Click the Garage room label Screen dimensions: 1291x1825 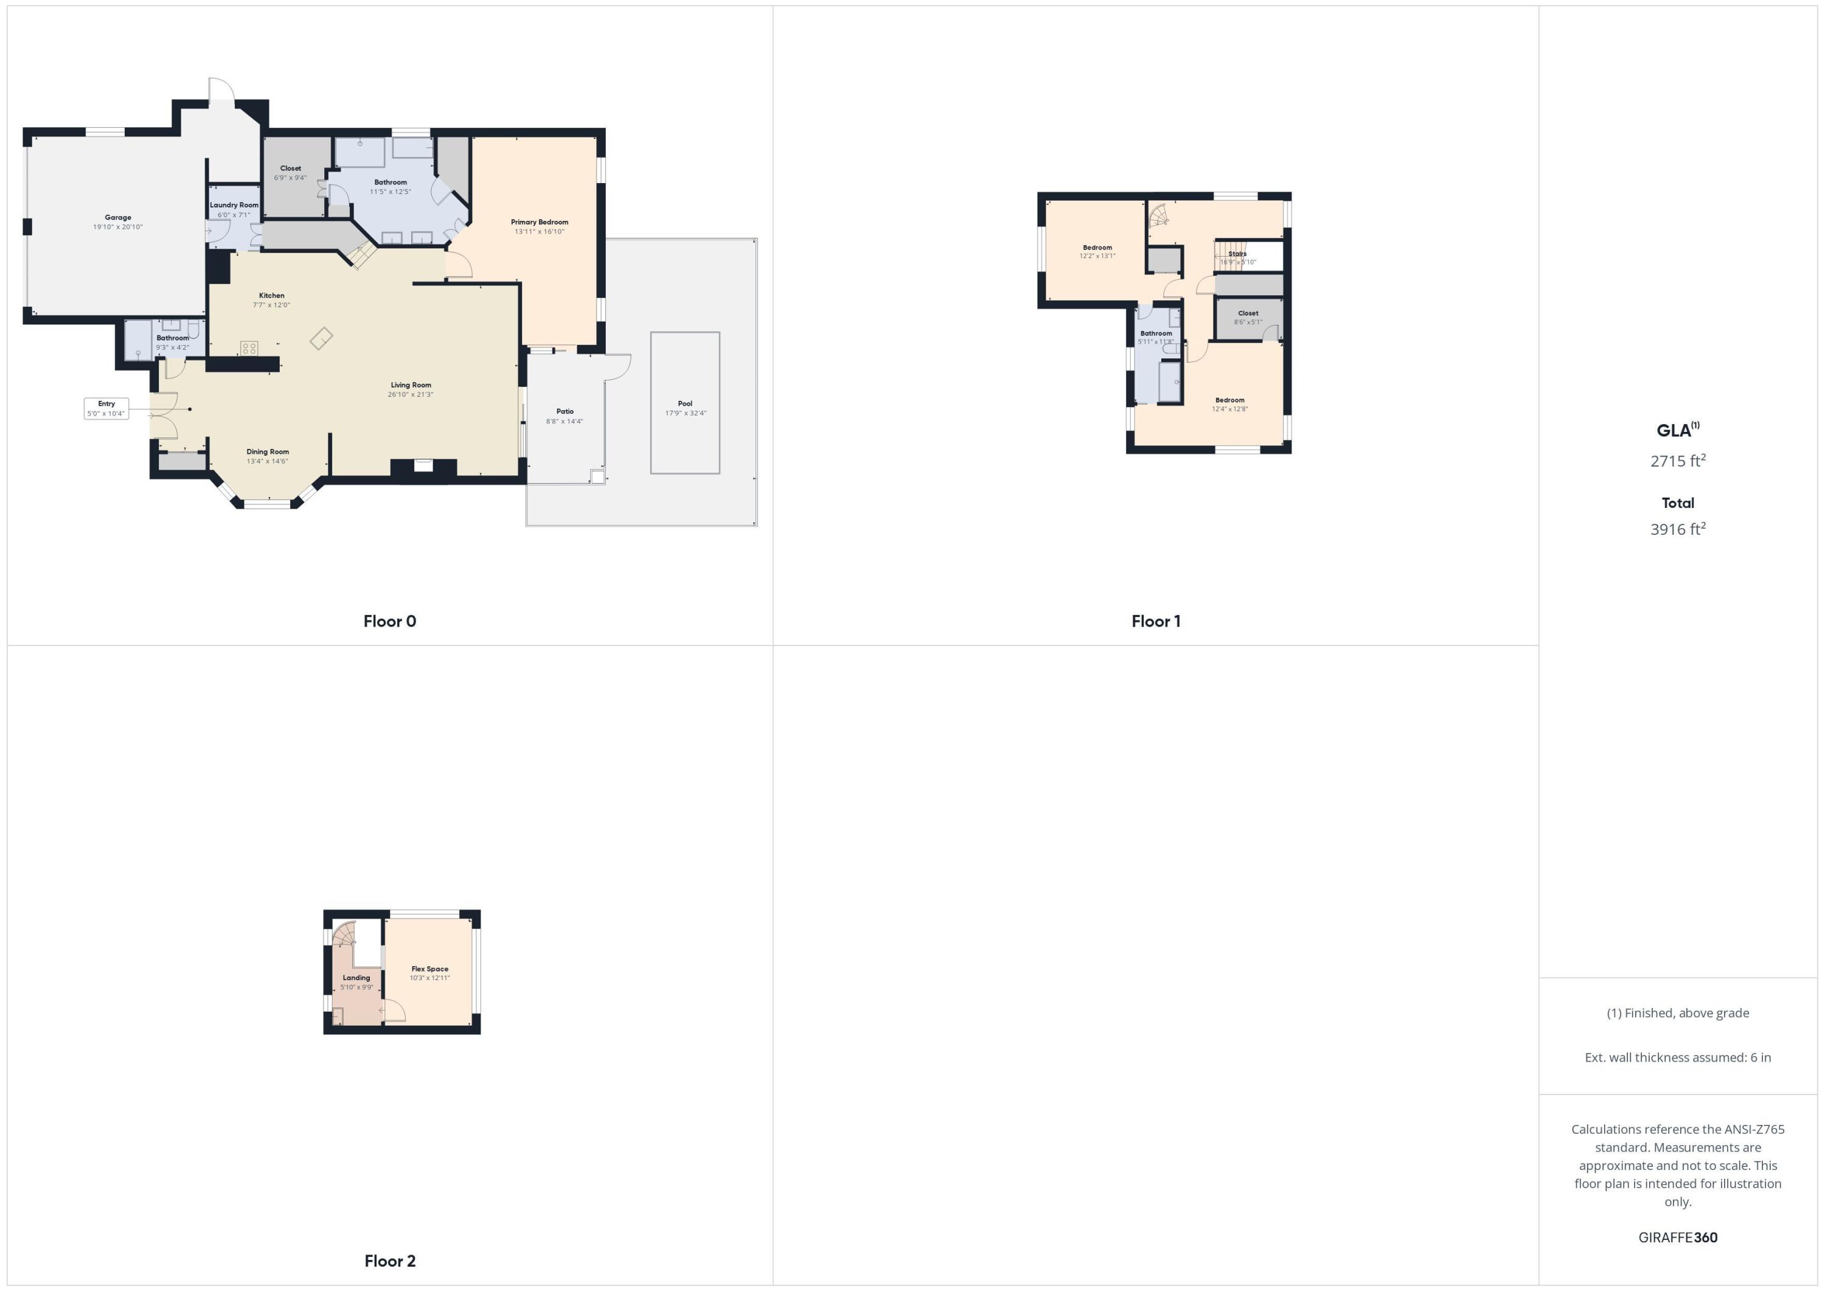click(117, 218)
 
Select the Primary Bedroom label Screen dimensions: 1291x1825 click(539, 223)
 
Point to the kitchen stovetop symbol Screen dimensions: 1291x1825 click(249, 348)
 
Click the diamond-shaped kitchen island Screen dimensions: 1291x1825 click(321, 339)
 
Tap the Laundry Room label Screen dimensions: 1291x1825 click(234, 205)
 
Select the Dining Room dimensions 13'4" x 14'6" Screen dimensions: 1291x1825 click(267, 462)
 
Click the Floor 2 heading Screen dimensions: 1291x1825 click(389, 1261)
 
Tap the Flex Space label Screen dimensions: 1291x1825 click(429, 969)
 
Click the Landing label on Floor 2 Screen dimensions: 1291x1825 click(356, 978)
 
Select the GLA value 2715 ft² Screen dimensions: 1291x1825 click(1677, 461)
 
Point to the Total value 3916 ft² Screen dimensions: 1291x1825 click(1677, 529)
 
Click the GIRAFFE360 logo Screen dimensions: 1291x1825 click(1677, 1237)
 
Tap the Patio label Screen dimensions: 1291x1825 click(565, 412)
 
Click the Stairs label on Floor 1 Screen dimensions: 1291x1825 click(1237, 254)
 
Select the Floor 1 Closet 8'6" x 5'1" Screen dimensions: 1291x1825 click(1248, 317)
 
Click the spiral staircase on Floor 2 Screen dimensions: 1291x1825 click(345, 935)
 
